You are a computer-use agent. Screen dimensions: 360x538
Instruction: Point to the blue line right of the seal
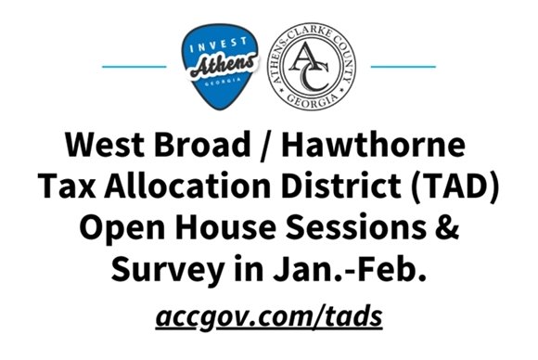pos(402,67)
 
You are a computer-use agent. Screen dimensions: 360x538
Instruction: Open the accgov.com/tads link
pos(268,316)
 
